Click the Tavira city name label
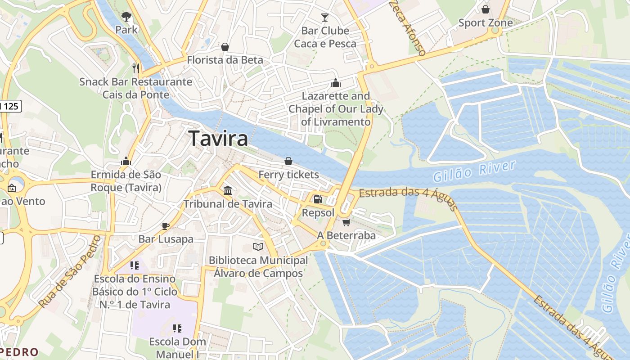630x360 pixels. coord(218,139)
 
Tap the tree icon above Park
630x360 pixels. coord(126,17)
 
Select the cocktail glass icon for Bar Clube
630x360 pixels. coord(325,18)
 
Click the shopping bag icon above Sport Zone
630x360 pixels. coord(485,9)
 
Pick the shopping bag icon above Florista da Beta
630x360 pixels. coord(225,47)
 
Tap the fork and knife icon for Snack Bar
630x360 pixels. coord(136,68)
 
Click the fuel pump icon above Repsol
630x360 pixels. coord(318,199)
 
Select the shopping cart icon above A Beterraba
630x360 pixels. coord(346,222)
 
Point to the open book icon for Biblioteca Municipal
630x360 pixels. coord(258,247)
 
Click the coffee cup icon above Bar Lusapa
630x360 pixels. coord(166,225)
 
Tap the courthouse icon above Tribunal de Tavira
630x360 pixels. coord(228,190)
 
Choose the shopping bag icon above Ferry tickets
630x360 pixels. coord(288,161)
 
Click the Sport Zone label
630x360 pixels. coord(485,22)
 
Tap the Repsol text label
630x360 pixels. coord(318,212)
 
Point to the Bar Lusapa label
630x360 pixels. coord(166,239)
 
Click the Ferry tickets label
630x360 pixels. coord(288,175)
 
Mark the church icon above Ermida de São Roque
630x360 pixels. coord(126,161)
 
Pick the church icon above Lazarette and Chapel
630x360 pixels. coord(336,83)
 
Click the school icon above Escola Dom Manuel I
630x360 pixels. coord(177,328)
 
